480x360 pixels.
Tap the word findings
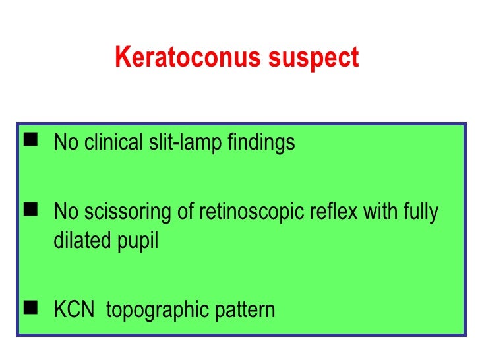[x=258, y=143]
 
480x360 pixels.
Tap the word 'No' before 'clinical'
[x=65, y=142]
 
